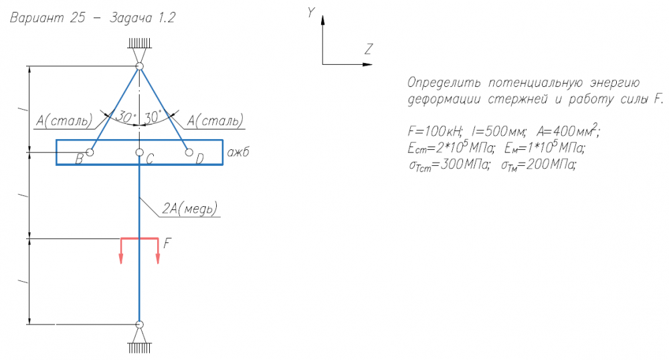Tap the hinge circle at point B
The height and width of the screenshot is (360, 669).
point(90,153)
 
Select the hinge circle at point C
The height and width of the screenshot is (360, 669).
point(139,153)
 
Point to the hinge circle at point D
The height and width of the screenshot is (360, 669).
point(189,153)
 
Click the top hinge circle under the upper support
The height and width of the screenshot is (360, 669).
point(139,67)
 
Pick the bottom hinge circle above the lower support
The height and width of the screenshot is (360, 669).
point(139,325)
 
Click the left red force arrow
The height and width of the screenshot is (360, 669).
point(121,250)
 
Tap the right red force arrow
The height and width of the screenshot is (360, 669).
point(158,250)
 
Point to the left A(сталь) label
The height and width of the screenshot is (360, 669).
point(64,121)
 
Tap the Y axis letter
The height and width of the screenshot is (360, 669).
point(311,12)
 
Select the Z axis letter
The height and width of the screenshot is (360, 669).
point(368,49)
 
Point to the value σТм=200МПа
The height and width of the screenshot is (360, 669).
point(539,165)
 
